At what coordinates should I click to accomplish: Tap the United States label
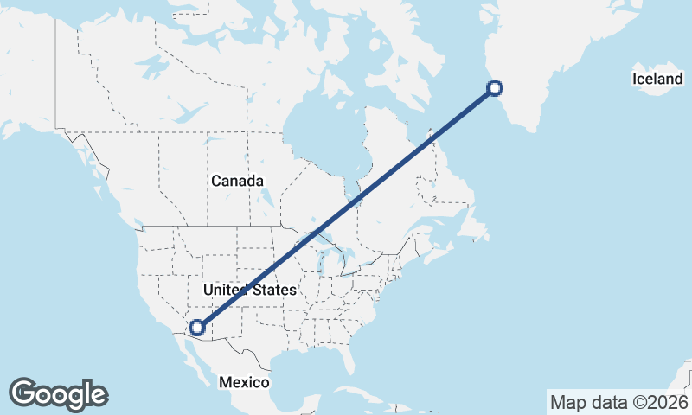point(248,290)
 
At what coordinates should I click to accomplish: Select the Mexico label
point(244,382)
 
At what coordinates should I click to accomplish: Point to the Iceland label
point(657,80)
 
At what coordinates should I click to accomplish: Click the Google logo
point(58,394)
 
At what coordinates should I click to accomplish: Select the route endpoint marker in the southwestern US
point(197,327)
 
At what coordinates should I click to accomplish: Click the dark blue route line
point(346,207)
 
